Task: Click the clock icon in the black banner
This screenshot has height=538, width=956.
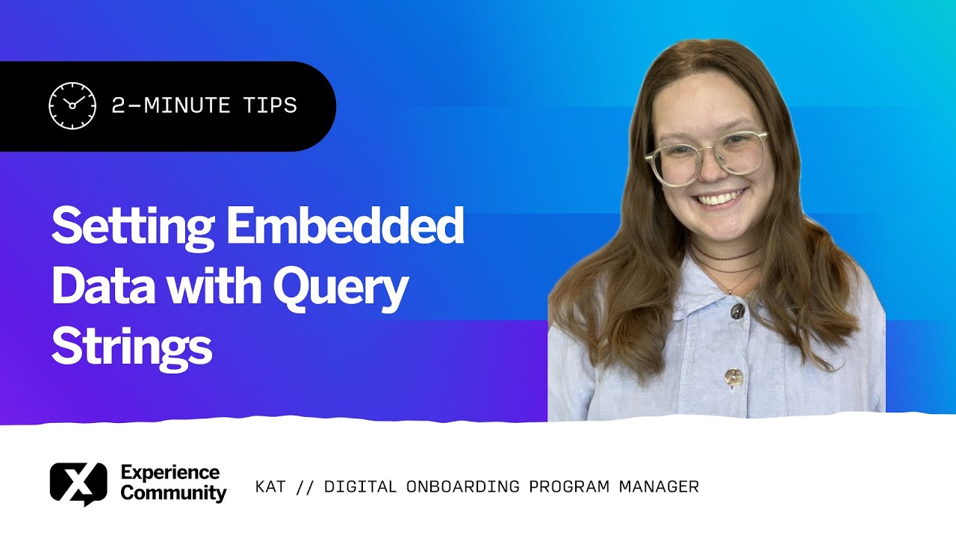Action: click(72, 106)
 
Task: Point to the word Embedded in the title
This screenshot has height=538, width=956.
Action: click(345, 228)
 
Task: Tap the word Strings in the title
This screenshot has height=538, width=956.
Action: click(131, 346)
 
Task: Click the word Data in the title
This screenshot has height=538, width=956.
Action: click(102, 287)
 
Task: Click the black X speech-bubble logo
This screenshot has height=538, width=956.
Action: click(78, 483)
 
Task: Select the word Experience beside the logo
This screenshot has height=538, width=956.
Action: click(170, 472)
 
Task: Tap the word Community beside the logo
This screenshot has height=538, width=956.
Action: click(173, 493)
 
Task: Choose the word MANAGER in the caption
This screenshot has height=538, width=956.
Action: click(659, 487)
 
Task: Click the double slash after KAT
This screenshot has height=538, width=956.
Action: click(305, 487)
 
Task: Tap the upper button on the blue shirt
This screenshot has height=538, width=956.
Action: click(738, 311)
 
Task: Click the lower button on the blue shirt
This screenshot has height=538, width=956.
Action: click(733, 377)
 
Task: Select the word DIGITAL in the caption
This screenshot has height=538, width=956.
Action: click(360, 487)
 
